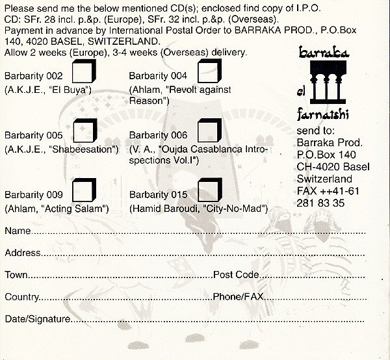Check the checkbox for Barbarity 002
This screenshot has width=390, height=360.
pos(84,71)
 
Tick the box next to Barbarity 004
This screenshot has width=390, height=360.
pos(209,71)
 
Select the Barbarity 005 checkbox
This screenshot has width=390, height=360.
pos(84,131)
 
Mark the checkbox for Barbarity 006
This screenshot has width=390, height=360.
pos(209,130)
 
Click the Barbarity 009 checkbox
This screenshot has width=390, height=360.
pos(84,190)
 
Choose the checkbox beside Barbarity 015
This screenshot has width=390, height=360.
pos(210,190)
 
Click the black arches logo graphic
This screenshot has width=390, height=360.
pos(328,83)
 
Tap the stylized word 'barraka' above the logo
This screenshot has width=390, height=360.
pos(324,52)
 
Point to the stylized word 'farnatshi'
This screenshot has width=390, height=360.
pos(323,114)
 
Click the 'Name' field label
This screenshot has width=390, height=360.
pos(18,231)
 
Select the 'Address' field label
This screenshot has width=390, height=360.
pos(23,253)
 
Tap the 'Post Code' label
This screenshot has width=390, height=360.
pos(236,274)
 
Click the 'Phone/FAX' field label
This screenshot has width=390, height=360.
pos(238,296)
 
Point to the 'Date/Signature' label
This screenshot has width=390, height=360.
pos(38,319)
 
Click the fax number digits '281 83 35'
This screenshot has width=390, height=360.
pos(320,203)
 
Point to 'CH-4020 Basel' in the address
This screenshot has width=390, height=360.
pos(333,166)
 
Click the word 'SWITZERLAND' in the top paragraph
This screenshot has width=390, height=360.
pos(123,42)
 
